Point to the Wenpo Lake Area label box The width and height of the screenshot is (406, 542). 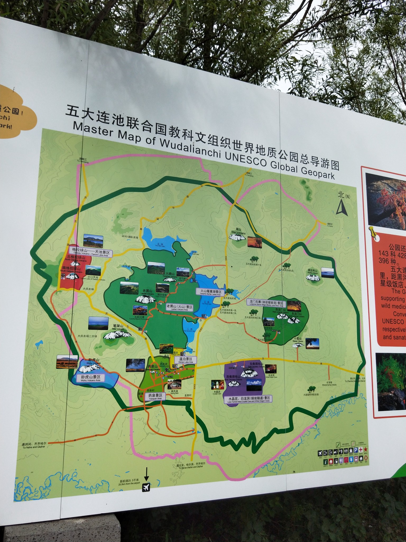point(186,360)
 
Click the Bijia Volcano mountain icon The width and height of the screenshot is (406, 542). point(117,335)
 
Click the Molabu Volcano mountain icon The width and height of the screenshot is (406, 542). point(312,278)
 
